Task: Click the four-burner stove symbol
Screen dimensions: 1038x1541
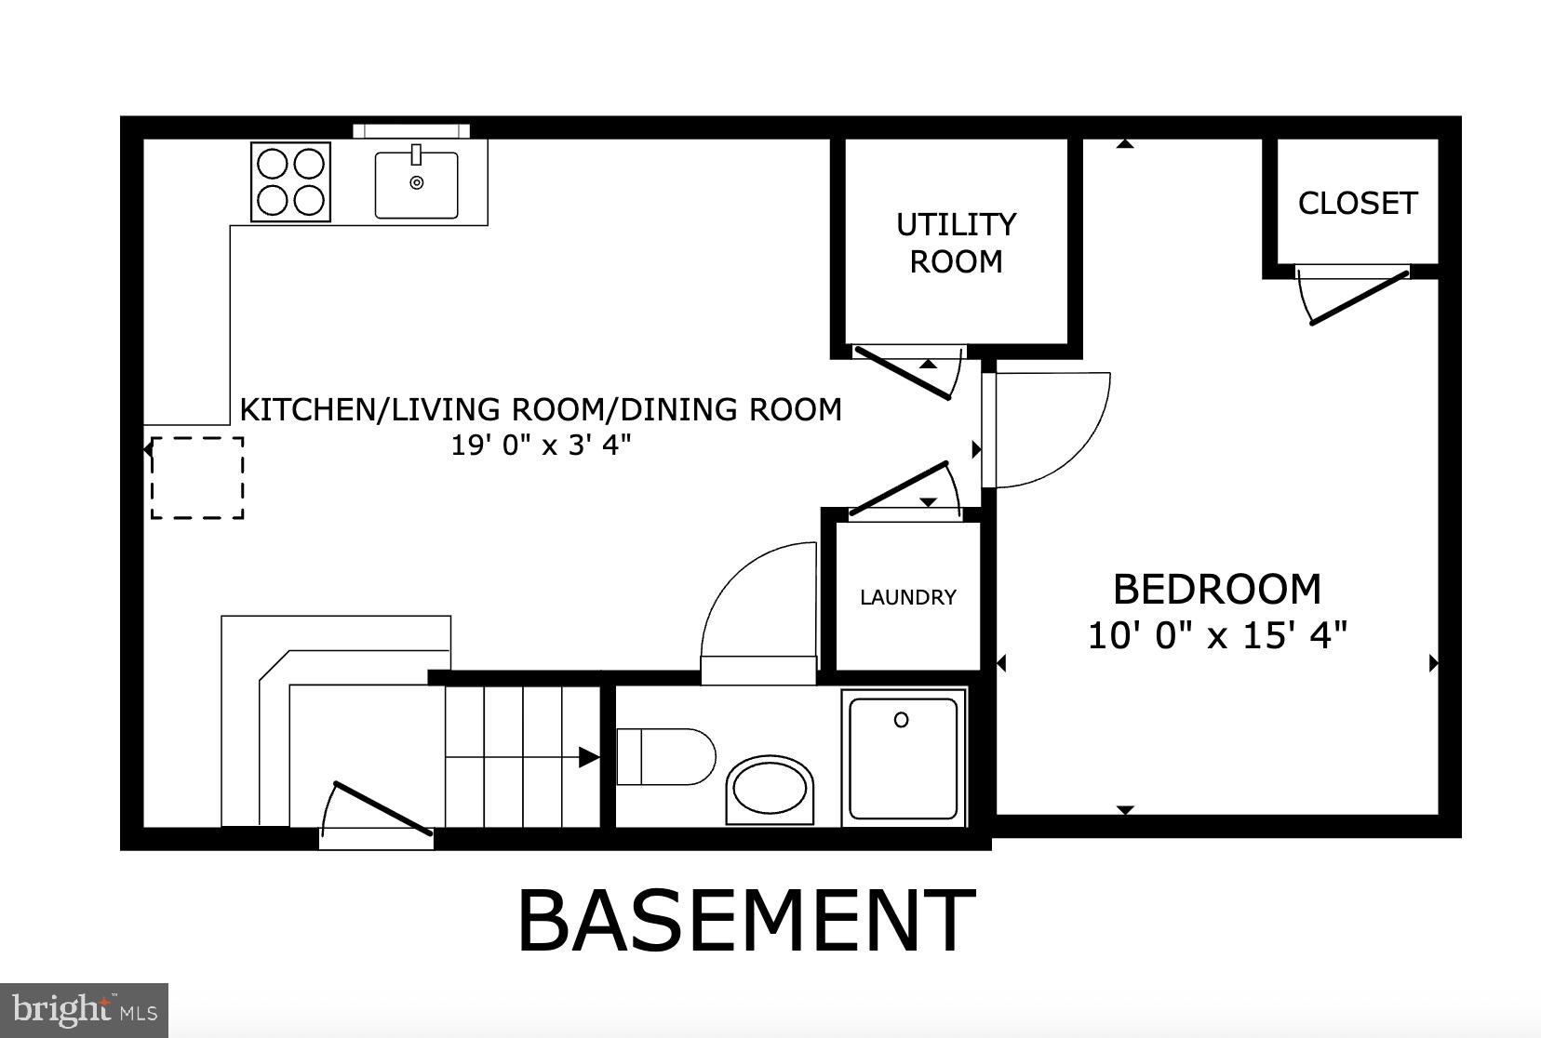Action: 291,182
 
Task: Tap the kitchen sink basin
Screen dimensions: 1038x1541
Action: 416,185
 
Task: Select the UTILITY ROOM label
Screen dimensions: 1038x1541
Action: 956,243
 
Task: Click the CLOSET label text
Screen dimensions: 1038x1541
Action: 1357,203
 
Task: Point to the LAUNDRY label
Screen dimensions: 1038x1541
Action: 907,597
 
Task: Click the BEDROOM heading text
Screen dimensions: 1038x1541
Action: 1216,590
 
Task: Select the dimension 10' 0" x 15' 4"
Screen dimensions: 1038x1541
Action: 1217,636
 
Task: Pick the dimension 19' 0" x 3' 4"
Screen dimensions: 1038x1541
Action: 541,446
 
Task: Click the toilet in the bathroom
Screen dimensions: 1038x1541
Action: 664,757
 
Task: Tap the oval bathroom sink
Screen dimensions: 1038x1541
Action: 770,789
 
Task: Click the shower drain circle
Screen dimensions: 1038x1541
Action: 901,720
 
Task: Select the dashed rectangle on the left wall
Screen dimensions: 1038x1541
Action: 197,477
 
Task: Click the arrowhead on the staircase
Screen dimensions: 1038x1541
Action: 588,757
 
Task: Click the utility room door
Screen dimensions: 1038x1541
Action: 903,372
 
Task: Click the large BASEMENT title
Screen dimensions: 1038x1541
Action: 745,922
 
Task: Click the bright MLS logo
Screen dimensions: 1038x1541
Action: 84,1010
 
